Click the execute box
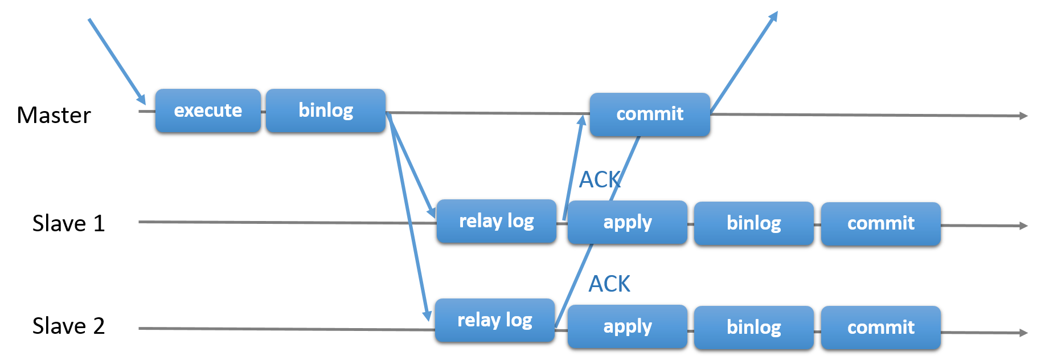point(208,111)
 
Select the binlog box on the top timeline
point(325,111)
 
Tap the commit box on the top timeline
point(649,114)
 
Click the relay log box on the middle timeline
point(496,221)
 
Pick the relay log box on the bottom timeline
point(494,320)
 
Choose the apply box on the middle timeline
point(627,222)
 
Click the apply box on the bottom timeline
point(627,326)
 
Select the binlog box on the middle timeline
point(753,223)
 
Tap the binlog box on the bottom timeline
point(753,328)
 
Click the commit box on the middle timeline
point(880,224)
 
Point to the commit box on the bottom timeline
point(880,328)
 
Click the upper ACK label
point(600,180)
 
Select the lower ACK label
point(609,284)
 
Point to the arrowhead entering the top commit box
point(581,120)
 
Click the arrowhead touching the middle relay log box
point(432,212)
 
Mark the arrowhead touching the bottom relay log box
point(427,315)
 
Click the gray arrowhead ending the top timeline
point(1023,116)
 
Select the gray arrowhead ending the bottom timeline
point(1023,333)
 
